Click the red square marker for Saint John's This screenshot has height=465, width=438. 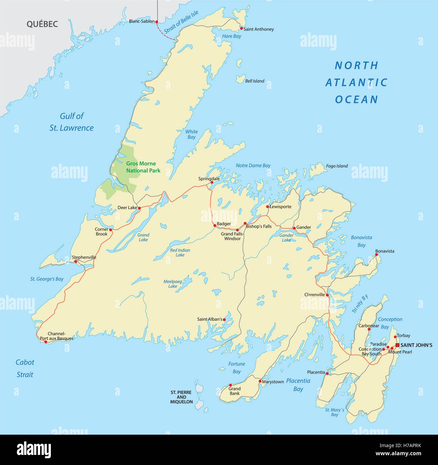click(x=397, y=345)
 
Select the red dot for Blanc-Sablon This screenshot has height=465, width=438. click(x=157, y=21)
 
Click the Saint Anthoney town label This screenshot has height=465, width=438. click(x=258, y=29)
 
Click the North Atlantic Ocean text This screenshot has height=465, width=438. click(x=356, y=82)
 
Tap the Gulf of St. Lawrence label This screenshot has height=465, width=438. click(x=71, y=122)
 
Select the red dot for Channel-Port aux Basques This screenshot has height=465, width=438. click(x=46, y=342)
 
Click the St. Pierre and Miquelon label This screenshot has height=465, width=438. click(x=181, y=397)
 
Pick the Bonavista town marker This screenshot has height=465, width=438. click(x=377, y=255)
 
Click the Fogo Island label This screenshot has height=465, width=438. click(x=337, y=166)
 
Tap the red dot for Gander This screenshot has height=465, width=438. click(x=294, y=228)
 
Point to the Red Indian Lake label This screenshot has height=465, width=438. click(x=180, y=253)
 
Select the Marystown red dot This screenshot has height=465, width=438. click(x=260, y=381)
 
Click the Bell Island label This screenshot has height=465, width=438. click(x=255, y=81)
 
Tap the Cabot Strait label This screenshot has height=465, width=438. click(x=25, y=368)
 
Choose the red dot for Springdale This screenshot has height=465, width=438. click(x=212, y=183)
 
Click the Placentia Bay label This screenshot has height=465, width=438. click(x=298, y=385)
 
